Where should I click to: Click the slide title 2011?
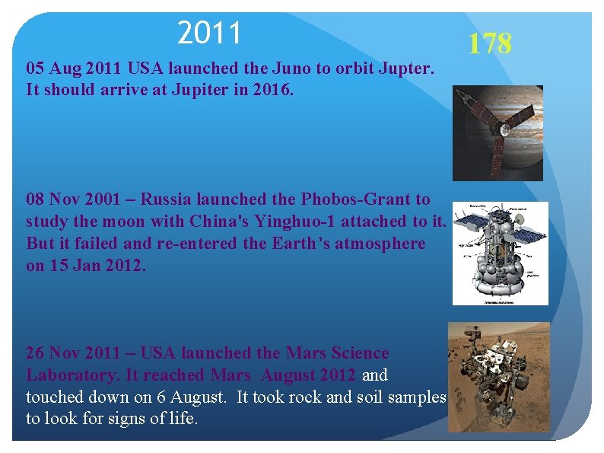click(209, 33)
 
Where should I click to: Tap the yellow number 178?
click(489, 43)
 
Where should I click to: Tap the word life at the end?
click(180, 419)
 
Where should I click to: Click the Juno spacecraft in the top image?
click(494, 129)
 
